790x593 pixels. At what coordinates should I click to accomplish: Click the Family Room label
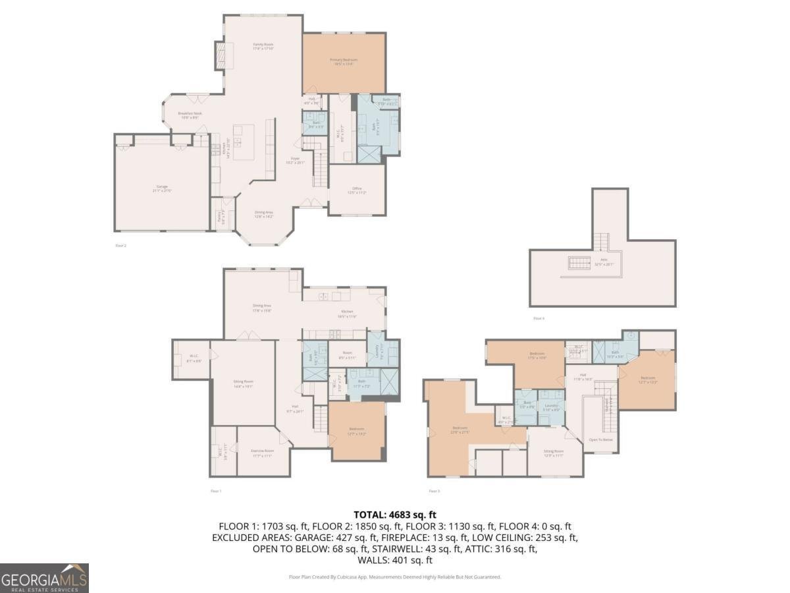pyautogui.click(x=263, y=46)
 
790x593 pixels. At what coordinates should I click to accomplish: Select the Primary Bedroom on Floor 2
pyautogui.click(x=344, y=62)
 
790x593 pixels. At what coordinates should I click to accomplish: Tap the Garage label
pyautogui.click(x=162, y=188)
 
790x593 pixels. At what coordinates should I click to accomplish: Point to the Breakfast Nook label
pyautogui.click(x=190, y=115)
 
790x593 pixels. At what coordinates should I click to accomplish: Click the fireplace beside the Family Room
pyautogui.click(x=220, y=52)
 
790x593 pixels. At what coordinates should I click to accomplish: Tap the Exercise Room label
pyautogui.click(x=262, y=453)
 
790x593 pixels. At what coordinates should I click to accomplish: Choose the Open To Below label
pyautogui.click(x=600, y=439)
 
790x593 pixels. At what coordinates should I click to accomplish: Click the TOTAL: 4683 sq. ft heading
pyautogui.click(x=395, y=515)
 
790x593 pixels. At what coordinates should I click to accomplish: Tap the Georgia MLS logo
pyautogui.click(x=44, y=578)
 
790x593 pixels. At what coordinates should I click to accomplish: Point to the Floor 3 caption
pyautogui.click(x=434, y=491)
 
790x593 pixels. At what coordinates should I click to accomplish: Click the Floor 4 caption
pyautogui.click(x=539, y=318)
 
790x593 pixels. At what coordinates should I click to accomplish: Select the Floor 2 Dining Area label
pyautogui.click(x=264, y=213)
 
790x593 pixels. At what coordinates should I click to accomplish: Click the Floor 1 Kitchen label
pyautogui.click(x=347, y=313)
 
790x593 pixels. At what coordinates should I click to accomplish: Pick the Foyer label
pyautogui.click(x=296, y=160)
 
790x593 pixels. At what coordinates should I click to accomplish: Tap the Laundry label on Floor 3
pyautogui.click(x=551, y=407)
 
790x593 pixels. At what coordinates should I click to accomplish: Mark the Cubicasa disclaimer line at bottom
pyautogui.click(x=395, y=577)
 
